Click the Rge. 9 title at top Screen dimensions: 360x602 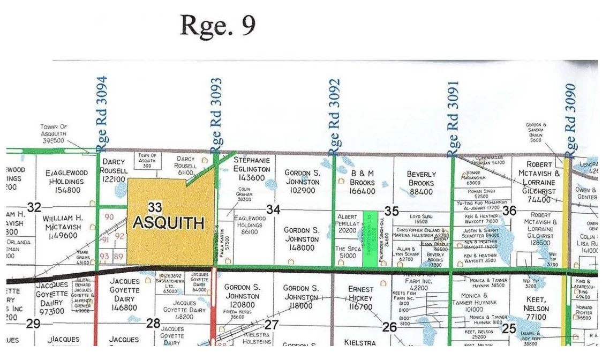(217, 25)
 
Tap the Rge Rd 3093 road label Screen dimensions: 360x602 (216, 115)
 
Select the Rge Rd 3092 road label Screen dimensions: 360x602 (335, 115)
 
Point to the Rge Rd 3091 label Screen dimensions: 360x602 (453, 116)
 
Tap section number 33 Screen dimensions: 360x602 (155, 207)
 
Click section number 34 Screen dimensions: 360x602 (273, 209)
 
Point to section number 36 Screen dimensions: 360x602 (509, 211)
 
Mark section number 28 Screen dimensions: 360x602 (153, 322)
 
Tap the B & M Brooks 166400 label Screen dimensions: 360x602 (363, 182)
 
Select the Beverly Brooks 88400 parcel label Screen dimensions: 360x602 (421, 183)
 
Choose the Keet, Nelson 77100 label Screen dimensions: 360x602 (536, 309)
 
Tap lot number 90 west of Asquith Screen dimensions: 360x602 (109, 217)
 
